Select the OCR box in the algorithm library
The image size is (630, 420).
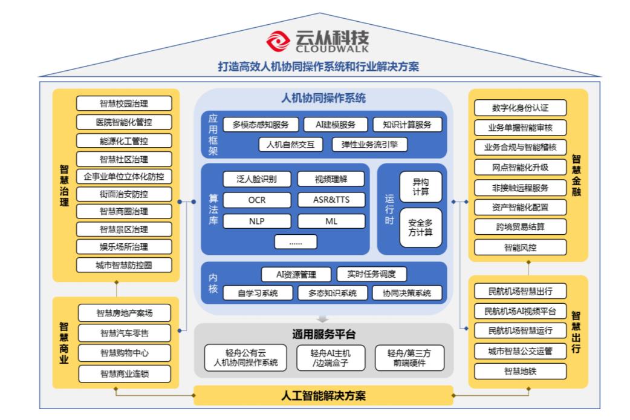(256, 200)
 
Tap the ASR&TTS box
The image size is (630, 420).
(331, 200)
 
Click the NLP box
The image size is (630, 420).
(256, 221)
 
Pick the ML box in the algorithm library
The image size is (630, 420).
(331, 221)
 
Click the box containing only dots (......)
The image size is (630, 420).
(295, 241)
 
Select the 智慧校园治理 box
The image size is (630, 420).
(124, 103)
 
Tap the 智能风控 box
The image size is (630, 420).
(520, 247)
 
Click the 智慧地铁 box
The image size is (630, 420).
(520, 371)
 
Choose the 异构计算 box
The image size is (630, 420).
(420, 187)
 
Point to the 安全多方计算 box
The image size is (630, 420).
(420, 228)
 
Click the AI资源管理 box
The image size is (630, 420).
(296, 274)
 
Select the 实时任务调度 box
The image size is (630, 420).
(371, 274)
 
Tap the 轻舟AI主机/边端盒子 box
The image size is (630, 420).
(330, 358)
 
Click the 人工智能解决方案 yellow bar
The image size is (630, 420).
(323, 396)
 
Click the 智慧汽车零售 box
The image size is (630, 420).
(124, 333)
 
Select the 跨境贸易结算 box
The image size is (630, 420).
(520, 227)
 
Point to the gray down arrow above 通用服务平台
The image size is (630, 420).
(323, 318)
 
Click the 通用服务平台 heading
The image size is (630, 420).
(323, 334)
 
